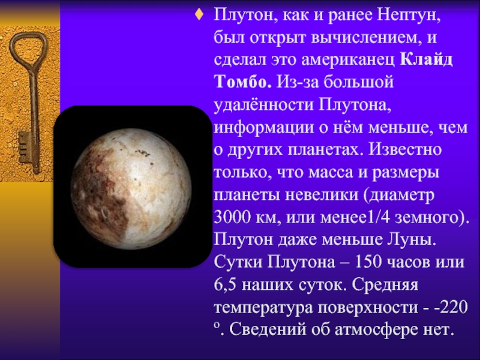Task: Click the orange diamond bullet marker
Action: (x=199, y=14)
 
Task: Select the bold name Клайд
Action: (x=426, y=59)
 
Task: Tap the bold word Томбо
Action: (x=243, y=82)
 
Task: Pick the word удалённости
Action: (x=264, y=105)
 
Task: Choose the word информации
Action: (x=264, y=128)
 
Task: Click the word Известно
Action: (x=405, y=149)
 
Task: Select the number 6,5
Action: (x=226, y=284)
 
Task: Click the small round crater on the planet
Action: (x=104, y=212)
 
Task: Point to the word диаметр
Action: (x=401, y=195)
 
